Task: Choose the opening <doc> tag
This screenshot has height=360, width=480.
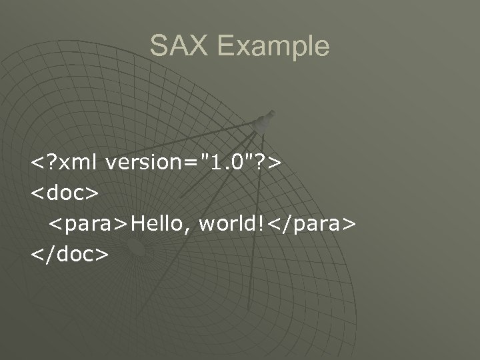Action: point(64,193)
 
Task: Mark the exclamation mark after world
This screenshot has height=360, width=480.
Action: point(258,223)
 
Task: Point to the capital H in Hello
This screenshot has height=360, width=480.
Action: point(139,223)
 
